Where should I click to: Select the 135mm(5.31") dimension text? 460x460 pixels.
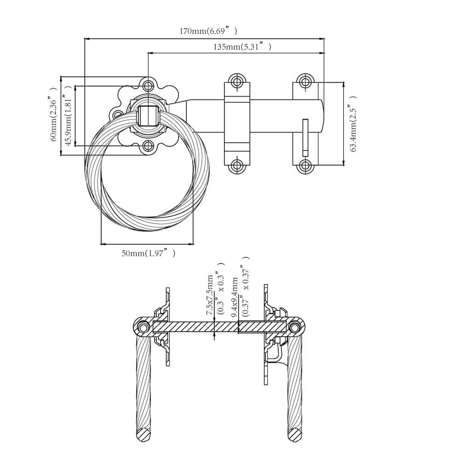[242, 46]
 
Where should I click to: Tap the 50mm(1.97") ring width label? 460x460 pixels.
[149, 253]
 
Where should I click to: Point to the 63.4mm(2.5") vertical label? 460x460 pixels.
[353, 123]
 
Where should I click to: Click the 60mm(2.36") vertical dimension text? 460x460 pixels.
[53, 114]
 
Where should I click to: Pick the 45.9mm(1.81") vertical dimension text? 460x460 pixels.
[68, 115]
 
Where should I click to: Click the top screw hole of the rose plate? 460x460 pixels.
[148, 86]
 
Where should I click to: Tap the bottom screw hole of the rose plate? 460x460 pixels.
[148, 146]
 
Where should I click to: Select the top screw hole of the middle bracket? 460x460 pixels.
[237, 81]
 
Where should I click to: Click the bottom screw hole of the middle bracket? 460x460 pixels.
[237, 166]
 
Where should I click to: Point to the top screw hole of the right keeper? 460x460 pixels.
[305, 81]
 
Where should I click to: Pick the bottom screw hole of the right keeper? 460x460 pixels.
[305, 166]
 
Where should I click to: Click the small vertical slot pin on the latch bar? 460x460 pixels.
[305, 137]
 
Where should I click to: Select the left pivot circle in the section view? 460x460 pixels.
[143, 327]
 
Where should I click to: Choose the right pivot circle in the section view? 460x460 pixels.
[294, 327]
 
